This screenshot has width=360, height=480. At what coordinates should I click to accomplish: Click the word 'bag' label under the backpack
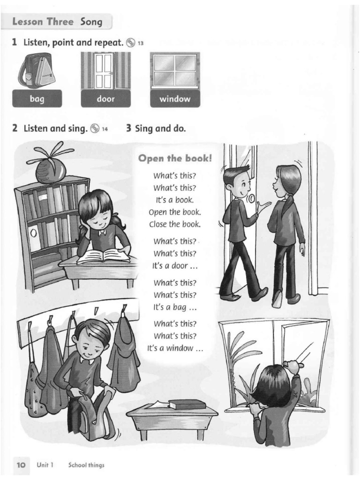click(x=37, y=99)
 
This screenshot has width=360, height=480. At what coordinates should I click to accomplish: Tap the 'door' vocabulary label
click(x=105, y=99)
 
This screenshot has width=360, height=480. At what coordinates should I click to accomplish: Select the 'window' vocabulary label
click(x=174, y=99)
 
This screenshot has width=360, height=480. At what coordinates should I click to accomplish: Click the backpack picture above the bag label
click(x=37, y=71)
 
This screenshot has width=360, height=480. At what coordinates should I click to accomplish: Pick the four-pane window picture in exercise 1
click(x=175, y=71)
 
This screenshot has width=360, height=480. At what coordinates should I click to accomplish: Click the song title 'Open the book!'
click(x=175, y=158)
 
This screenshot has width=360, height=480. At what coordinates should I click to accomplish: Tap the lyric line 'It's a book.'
click(x=175, y=200)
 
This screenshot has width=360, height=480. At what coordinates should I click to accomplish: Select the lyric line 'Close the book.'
click(x=175, y=224)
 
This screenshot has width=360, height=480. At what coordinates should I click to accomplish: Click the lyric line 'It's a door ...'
click(x=175, y=266)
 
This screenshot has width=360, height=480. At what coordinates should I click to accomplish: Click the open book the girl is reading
click(x=104, y=256)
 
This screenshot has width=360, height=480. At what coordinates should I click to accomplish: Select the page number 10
click(x=21, y=465)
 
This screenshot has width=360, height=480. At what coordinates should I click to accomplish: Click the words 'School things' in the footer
click(x=86, y=465)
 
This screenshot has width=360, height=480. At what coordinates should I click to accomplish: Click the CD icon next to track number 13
click(x=131, y=43)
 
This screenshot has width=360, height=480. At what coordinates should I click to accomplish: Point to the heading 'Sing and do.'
click(x=156, y=128)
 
